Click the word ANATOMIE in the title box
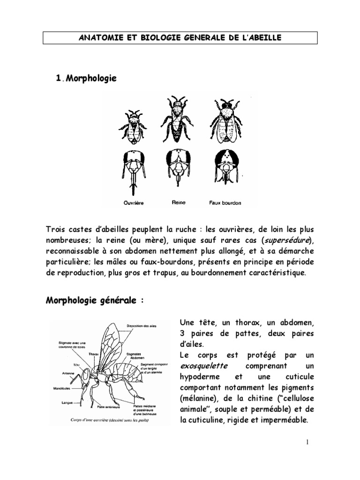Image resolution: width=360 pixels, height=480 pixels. click(98, 38)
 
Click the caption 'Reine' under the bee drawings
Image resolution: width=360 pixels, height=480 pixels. click(179, 203)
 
